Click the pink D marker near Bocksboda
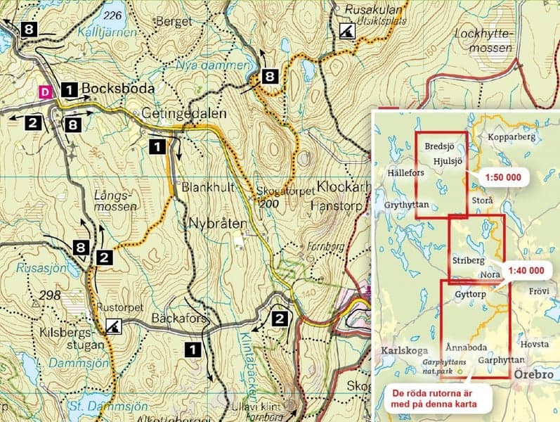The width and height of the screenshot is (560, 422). point(46,91)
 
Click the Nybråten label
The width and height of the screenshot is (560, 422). point(218,224)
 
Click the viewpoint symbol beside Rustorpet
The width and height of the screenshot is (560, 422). point(112,326)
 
